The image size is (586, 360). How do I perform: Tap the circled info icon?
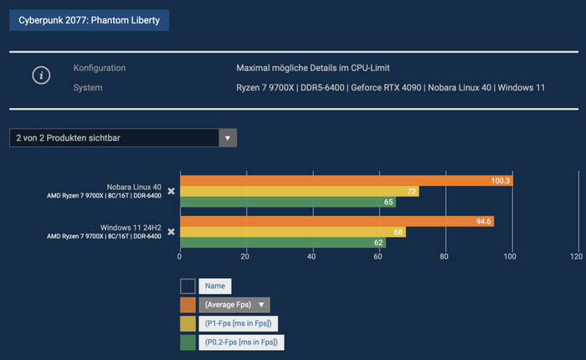tap(42, 75)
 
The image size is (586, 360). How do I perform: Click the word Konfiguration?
tap(100, 68)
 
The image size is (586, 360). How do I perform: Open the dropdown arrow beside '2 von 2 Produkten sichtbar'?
tap(228, 137)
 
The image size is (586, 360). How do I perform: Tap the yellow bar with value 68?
tap(292, 232)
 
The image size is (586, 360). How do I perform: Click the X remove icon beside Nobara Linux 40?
tap(171, 191)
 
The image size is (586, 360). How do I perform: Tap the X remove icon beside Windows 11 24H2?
tap(171, 232)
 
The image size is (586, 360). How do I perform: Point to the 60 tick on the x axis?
tap(378, 257)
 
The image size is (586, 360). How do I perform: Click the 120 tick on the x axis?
tap(576, 257)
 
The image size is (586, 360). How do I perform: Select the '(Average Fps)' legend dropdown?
tap(234, 305)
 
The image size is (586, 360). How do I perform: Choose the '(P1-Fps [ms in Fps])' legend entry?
tap(239, 323)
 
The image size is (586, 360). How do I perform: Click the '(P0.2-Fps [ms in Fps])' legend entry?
tap(241, 342)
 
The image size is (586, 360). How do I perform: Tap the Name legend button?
tap(216, 286)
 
